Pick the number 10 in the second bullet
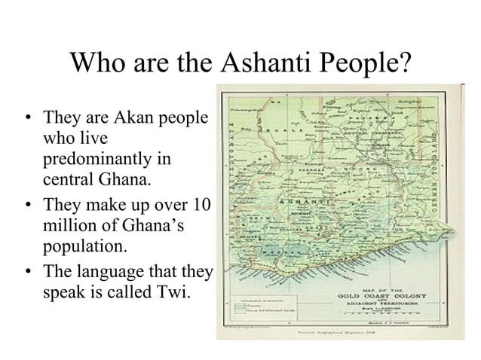pyautogui.click(x=203, y=204)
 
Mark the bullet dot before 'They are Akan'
pyautogui.click(x=28, y=119)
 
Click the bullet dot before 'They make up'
pyautogui.click(x=28, y=205)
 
